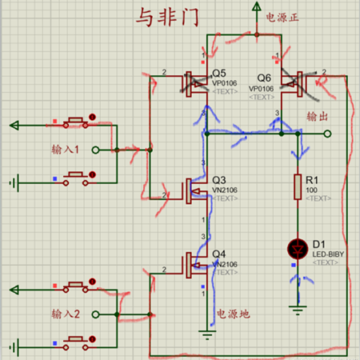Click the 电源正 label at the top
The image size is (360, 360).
pos(282,16)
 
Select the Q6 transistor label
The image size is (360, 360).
pos(265,78)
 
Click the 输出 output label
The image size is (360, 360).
pos(318,117)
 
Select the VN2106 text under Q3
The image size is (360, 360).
pos(226,190)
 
